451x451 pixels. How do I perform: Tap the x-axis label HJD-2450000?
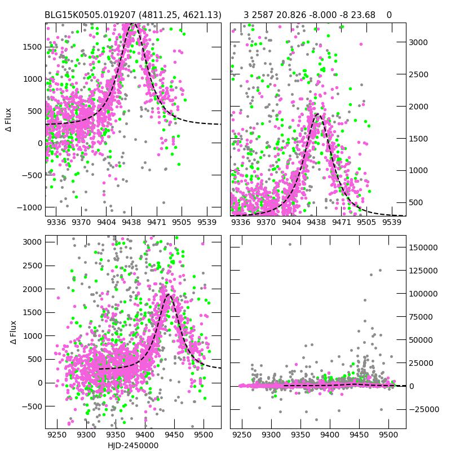tap(133, 445)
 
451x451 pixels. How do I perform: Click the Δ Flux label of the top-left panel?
tap(8, 120)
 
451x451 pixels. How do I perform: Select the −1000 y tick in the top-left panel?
tap(29, 207)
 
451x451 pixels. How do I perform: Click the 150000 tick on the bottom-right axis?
tap(423, 247)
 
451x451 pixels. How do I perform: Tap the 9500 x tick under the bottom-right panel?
tap(388, 435)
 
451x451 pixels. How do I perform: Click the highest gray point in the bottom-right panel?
tap(290, 244)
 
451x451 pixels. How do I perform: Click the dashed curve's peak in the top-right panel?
tap(317, 114)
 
